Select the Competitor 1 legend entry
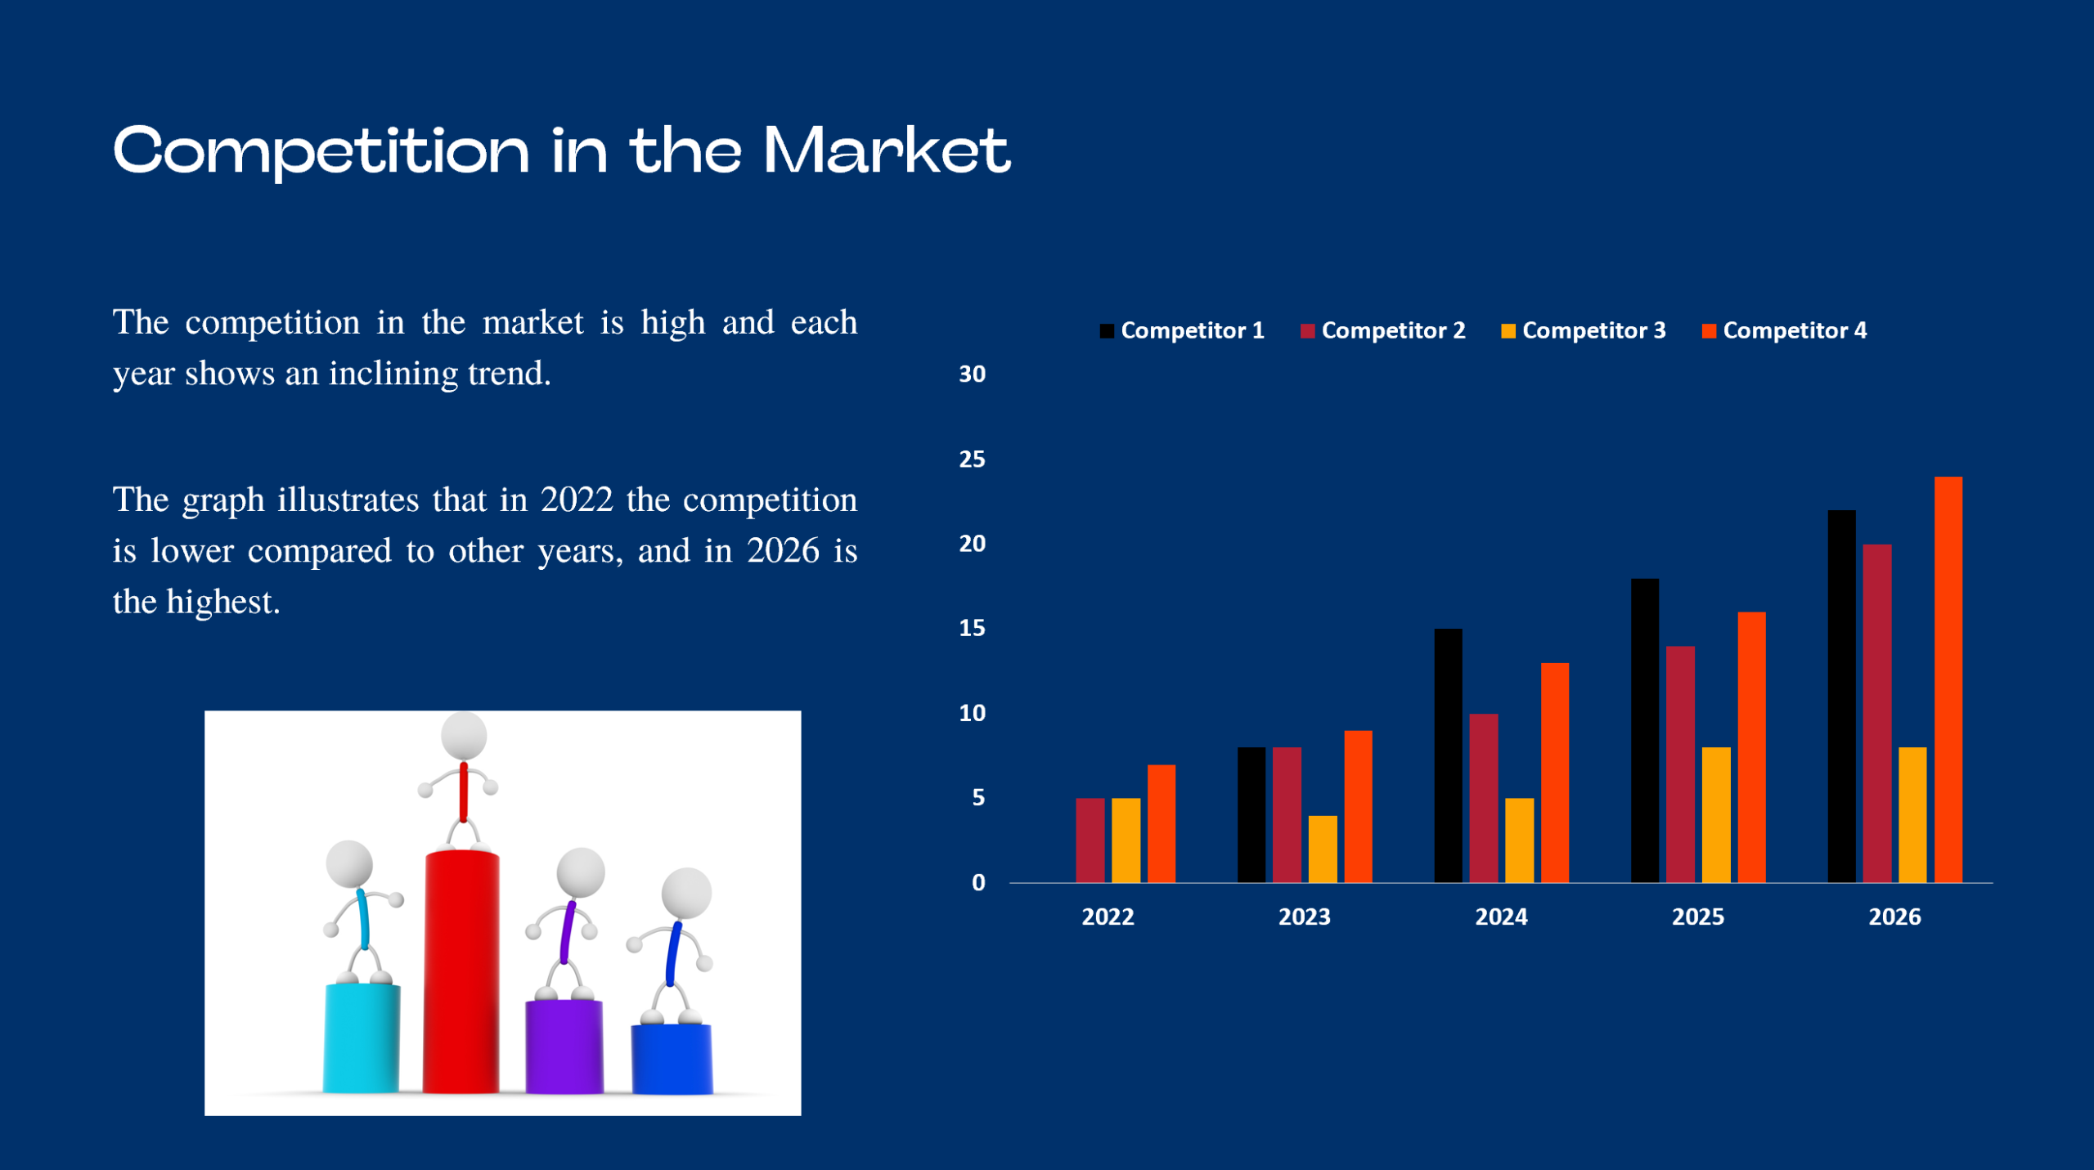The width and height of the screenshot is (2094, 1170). (1182, 330)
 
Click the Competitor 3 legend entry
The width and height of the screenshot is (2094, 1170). (1584, 330)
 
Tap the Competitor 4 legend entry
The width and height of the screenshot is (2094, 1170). (1785, 330)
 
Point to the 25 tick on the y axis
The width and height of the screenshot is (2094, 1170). (972, 459)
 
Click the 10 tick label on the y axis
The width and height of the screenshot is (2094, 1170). (972, 713)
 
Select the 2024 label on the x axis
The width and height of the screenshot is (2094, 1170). (1501, 917)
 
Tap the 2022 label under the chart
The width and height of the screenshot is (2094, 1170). (1108, 917)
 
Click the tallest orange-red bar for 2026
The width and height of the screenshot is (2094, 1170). (1948, 679)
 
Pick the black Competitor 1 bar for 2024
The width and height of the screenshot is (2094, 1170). (1448, 755)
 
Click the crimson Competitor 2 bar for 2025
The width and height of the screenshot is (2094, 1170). (1680, 764)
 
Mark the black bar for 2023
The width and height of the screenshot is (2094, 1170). (1251, 814)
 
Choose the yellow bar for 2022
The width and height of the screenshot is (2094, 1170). (1126, 840)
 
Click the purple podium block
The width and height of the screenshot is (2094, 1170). (564, 1046)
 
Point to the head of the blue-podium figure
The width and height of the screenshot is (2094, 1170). (685, 893)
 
